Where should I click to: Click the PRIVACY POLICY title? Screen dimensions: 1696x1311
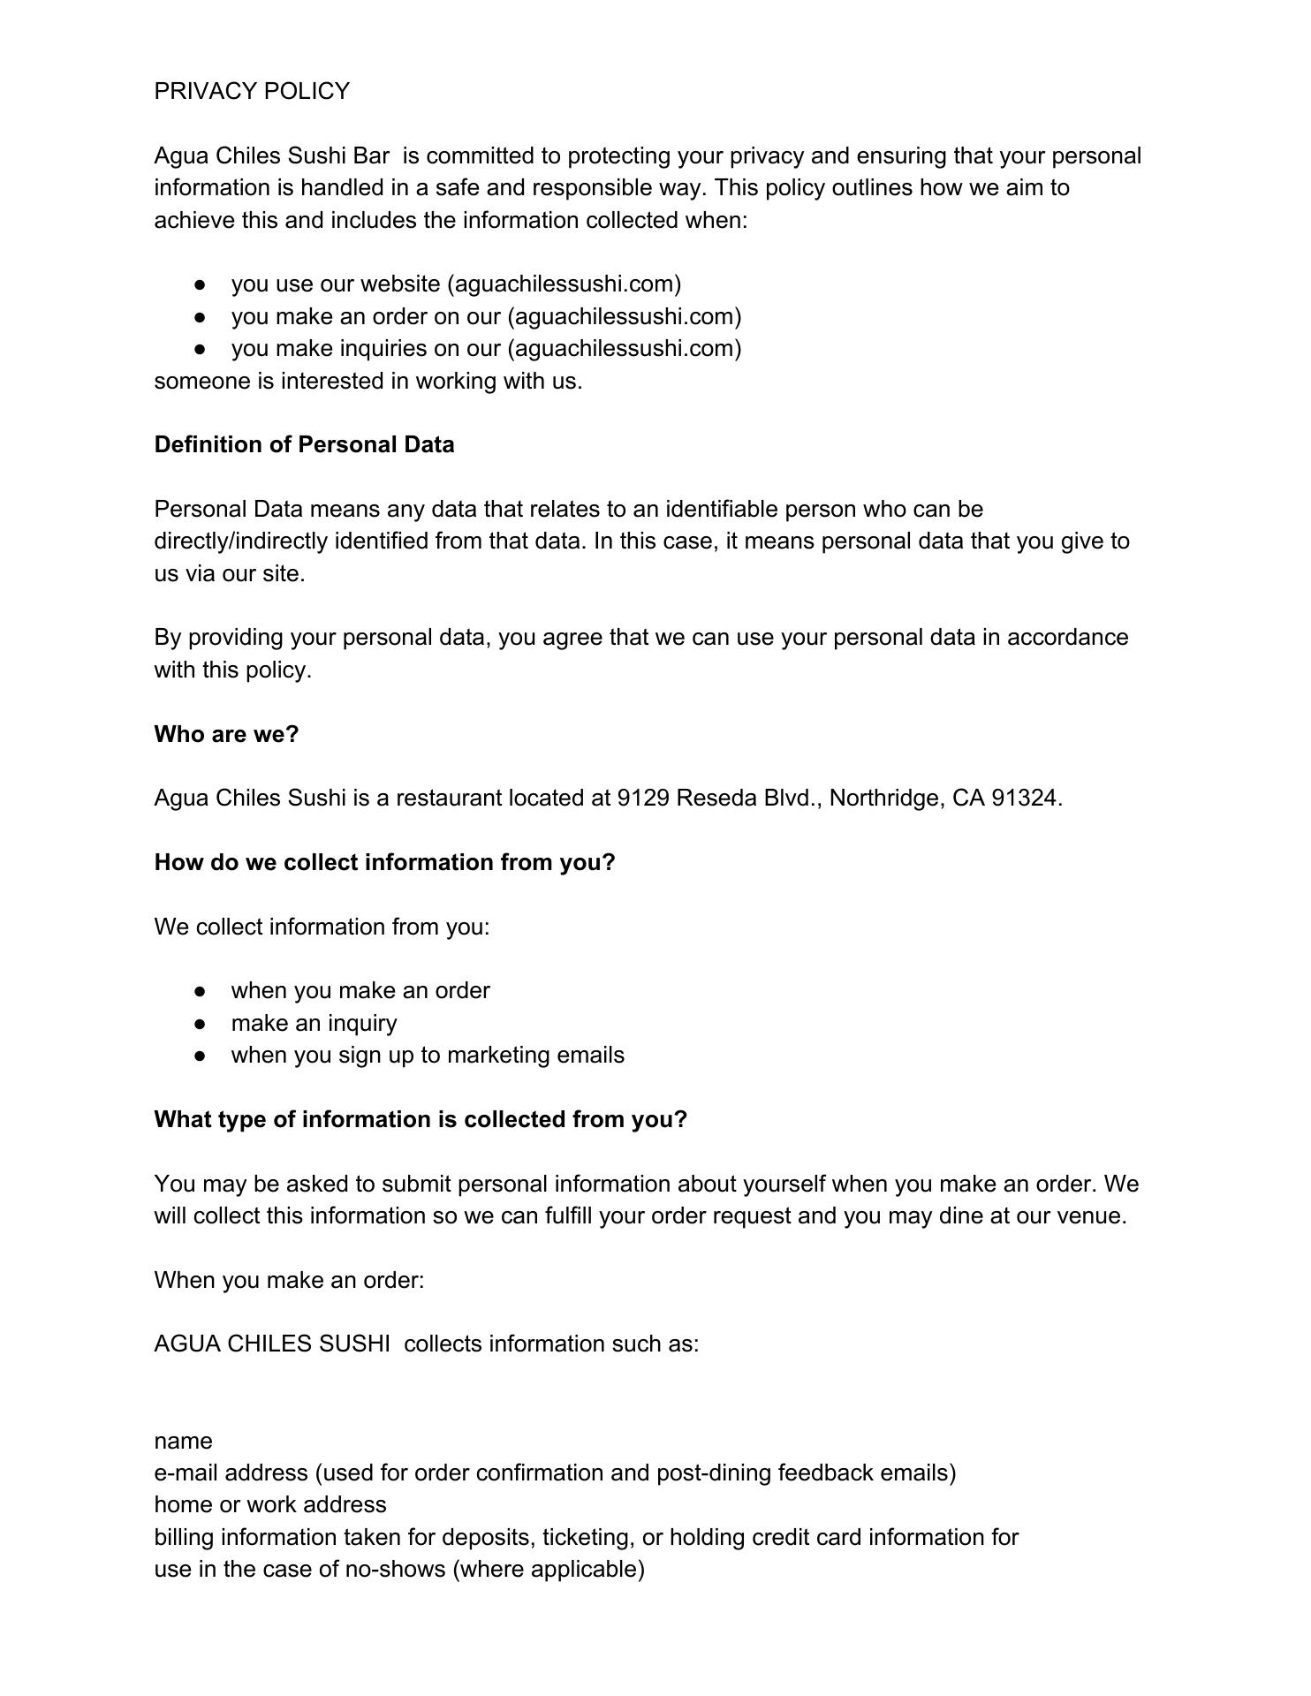point(252,91)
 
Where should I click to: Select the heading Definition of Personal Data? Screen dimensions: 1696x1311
point(304,444)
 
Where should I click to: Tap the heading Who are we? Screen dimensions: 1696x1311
point(226,734)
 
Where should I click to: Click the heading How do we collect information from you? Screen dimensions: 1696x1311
point(384,862)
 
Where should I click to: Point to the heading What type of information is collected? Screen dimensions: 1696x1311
point(421,1119)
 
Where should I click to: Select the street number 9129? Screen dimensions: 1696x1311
point(643,799)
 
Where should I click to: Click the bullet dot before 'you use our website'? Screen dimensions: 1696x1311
point(201,284)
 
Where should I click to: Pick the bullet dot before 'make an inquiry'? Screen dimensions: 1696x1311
point(201,1024)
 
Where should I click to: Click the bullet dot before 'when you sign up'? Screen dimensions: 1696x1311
point(201,1056)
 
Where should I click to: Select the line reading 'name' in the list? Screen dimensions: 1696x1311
point(183,1441)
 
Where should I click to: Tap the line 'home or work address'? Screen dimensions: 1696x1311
point(270,1505)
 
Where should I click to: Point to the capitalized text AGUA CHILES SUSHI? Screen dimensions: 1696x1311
point(272,1344)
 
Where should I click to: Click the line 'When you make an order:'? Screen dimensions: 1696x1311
point(289,1280)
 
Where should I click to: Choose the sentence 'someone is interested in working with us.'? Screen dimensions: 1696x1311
point(368,381)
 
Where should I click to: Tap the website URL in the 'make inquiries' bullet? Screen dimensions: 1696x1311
point(625,349)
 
